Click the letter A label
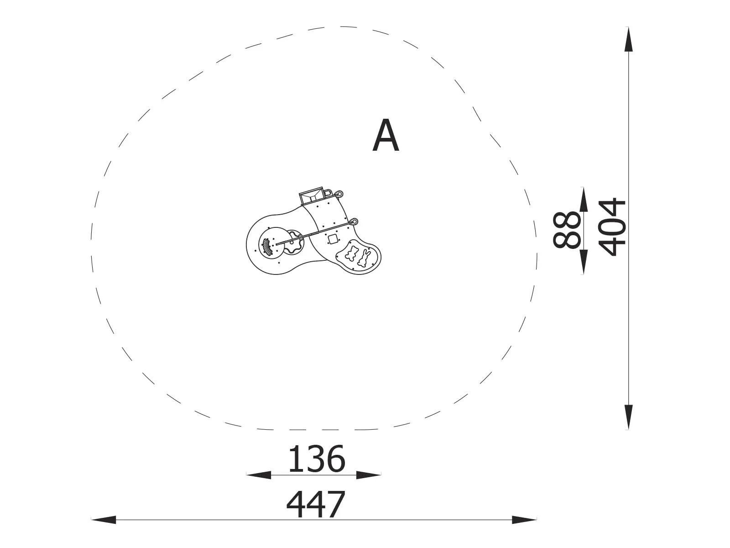pos(386,136)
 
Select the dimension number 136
pos(316,459)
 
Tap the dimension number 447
pos(315,504)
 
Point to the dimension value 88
pos(566,230)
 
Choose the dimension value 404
pos(612,227)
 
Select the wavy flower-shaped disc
pos(294,242)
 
